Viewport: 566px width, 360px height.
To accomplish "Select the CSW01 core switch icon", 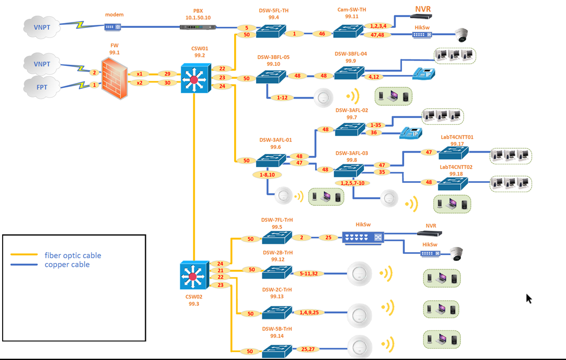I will [x=193, y=78].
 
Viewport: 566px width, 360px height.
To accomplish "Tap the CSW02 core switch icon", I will [x=192, y=276].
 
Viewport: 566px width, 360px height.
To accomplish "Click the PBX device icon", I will [x=198, y=27].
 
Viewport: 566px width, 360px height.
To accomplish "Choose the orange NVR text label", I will [x=423, y=9].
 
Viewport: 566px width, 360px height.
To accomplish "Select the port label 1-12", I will [x=282, y=97].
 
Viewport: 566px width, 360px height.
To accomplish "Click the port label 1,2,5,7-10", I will [x=352, y=183].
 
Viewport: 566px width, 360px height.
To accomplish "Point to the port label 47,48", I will [x=378, y=35].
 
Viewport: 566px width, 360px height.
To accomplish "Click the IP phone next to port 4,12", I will [x=423, y=73].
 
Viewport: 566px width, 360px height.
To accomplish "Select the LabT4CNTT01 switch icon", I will [x=453, y=153].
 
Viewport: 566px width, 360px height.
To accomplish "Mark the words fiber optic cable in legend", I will [x=72, y=256].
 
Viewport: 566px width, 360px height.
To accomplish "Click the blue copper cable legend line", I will [x=24, y=265].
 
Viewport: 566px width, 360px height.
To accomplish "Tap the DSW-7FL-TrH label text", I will [x=277, y=220].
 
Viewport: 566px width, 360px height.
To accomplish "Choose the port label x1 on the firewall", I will [x=140, y=74].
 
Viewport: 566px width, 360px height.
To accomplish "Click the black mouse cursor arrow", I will [x=528, y=298].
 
